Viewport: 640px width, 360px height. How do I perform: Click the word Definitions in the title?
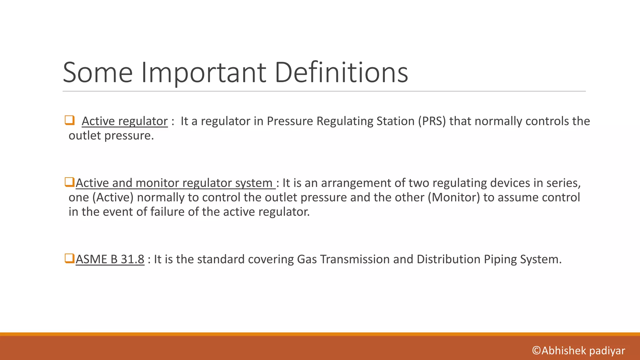coord(341,72)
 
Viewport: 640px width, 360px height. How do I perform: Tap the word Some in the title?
coord(98,72)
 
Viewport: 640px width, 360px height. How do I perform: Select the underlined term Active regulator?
coord(125,121)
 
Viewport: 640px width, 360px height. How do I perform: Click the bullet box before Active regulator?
coord(69,120)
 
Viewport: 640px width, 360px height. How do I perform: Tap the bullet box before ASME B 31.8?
coord(69,258)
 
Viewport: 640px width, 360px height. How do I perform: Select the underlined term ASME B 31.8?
coord(110,259)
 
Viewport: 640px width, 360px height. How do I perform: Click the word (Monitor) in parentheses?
coord(453,197)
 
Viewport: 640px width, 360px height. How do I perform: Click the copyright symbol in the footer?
coord(536,351)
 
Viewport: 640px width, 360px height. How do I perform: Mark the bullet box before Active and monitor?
coord(69,182)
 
